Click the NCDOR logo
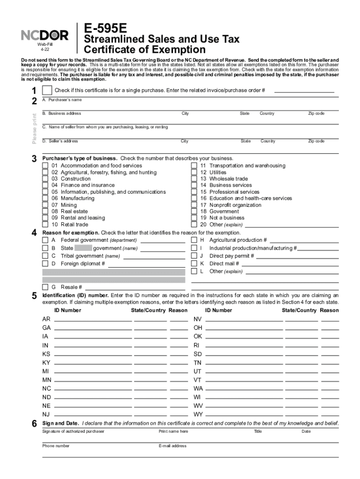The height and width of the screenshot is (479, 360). (x=45, y=35)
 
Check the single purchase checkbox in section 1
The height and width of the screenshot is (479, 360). (x=47, y=90)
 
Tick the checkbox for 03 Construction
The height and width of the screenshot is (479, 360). (x=45, y=179)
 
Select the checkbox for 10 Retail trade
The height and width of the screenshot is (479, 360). (x=45, y=225)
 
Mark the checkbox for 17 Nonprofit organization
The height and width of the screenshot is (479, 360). (x=194, y=205)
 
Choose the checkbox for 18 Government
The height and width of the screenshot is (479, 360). (x=194, y=211)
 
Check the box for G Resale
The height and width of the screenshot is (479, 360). (x=45, y=287)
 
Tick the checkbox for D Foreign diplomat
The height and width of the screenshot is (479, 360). (x=45, y=263)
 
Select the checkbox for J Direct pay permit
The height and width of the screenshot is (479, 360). (x=194, y=256)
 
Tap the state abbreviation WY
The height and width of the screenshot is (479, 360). (x=198, y=414)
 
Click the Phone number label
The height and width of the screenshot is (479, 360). (x=56, y=446)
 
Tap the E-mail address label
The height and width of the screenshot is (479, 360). (x=173, y=446)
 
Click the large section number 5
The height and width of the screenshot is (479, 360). (x=34, y=296)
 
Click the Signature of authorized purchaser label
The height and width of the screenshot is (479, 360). (x=73, y=431)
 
